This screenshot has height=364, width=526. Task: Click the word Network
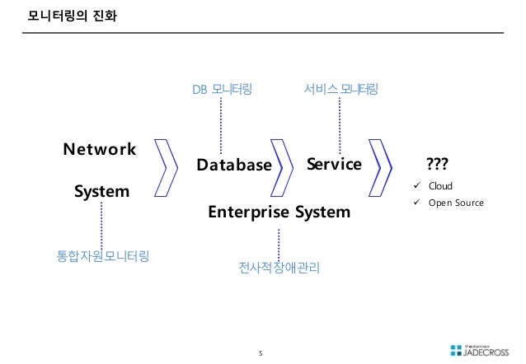coord(100,149)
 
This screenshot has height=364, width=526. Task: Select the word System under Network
coord(101,192)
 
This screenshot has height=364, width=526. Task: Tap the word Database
coord(234,165)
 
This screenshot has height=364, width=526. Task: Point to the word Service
coord(334,164)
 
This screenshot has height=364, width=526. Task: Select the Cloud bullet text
coord(439,186)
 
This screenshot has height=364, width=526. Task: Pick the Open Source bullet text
coord(455,203)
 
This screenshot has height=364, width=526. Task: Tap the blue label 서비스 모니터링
coord(340,88)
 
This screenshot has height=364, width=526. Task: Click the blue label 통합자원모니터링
coord(101,255)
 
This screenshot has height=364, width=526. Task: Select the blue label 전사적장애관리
coord(279,268)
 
